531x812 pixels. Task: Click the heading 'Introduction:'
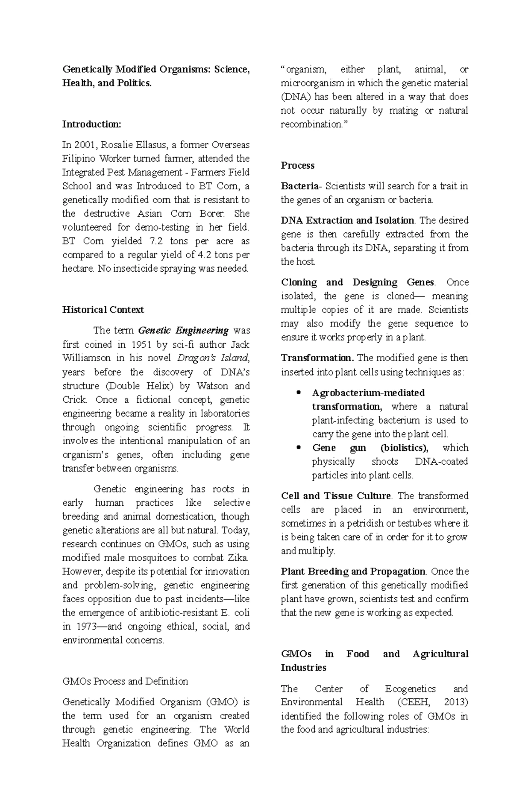tap(91, 124)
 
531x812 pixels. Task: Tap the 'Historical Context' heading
tap(103, 310)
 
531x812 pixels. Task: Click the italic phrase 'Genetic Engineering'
tap(184, 331)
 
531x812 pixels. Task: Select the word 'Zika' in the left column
tap(238, 558)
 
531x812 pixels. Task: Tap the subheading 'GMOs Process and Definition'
tap(125, 681)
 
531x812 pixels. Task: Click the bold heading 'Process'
tap(297, 165)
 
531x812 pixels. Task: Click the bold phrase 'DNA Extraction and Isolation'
tap(347, 220)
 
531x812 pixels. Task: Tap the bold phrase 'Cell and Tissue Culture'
tap(336, 496)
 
